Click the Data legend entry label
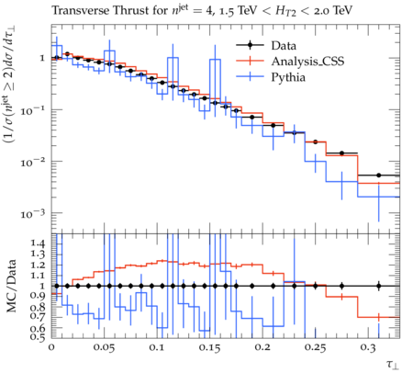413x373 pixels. point(284,46)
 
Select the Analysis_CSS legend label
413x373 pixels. point(307,62)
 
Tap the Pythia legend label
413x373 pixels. point(288,77)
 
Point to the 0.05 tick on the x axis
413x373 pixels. point(104,348)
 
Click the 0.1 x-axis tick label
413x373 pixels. point(157,348)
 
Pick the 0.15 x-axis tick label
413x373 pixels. point(209,348)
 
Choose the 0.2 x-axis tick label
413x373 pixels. point(262,348)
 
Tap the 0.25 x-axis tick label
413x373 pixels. point(315,348)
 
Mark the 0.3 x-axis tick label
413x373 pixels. point(368,348)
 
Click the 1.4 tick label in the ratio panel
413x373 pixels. point(38,243)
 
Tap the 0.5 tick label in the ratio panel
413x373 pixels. point(38,336)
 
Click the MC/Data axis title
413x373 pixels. point(12,286)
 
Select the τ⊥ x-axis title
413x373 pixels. point(393,364)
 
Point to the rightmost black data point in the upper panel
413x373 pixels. point(379,175)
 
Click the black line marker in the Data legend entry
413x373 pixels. point(250,45)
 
